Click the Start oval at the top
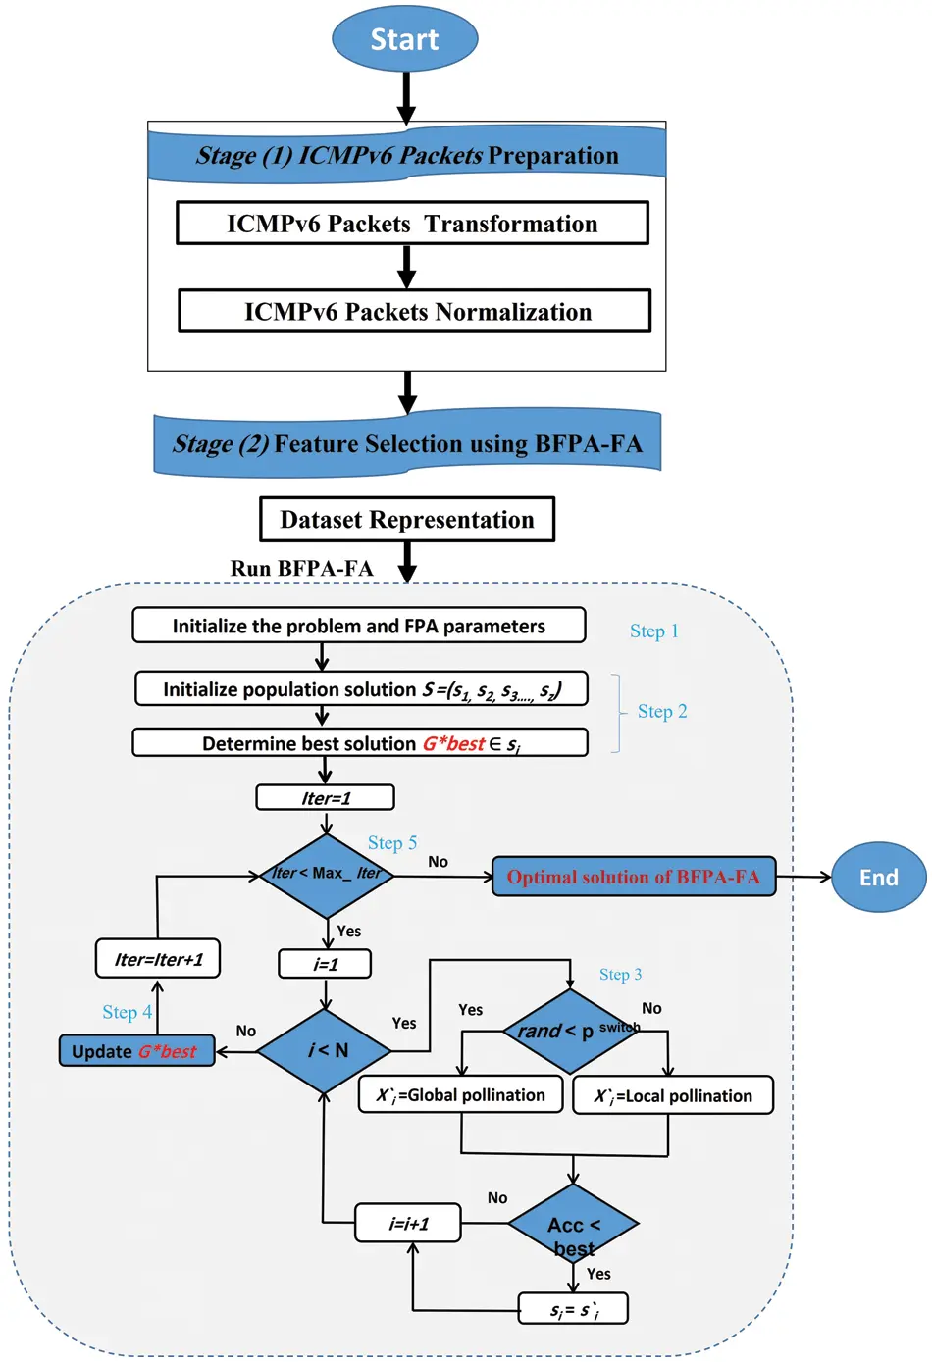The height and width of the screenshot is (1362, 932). point(404,39)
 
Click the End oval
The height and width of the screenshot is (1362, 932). point(878,877)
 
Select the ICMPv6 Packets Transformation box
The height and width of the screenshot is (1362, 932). point(412,224)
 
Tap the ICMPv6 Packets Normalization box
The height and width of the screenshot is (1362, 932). point(414,312)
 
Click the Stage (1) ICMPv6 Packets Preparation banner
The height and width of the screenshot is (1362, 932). point(407,155)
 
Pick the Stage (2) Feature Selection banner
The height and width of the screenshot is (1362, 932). point(407,443)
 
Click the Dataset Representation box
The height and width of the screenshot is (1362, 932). point(407,519)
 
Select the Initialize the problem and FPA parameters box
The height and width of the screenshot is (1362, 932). point(359,626)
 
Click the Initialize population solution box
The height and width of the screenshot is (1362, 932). point(361,689)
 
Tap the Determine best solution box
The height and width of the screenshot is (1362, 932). point(360,743)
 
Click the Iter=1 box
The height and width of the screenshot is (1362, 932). point(325,798)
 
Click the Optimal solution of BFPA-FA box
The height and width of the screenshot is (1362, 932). point(633,877)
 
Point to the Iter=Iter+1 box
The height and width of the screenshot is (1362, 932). point(158,959)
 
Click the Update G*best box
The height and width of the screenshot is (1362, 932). point(136,1051)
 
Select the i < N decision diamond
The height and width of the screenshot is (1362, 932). point(325,1050)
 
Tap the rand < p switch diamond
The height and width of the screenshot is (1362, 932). point(570,1031)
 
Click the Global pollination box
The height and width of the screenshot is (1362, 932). point(460,1095)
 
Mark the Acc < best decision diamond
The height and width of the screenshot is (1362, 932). point(573,1225)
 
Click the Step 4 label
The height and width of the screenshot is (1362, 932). point(127,1012)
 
